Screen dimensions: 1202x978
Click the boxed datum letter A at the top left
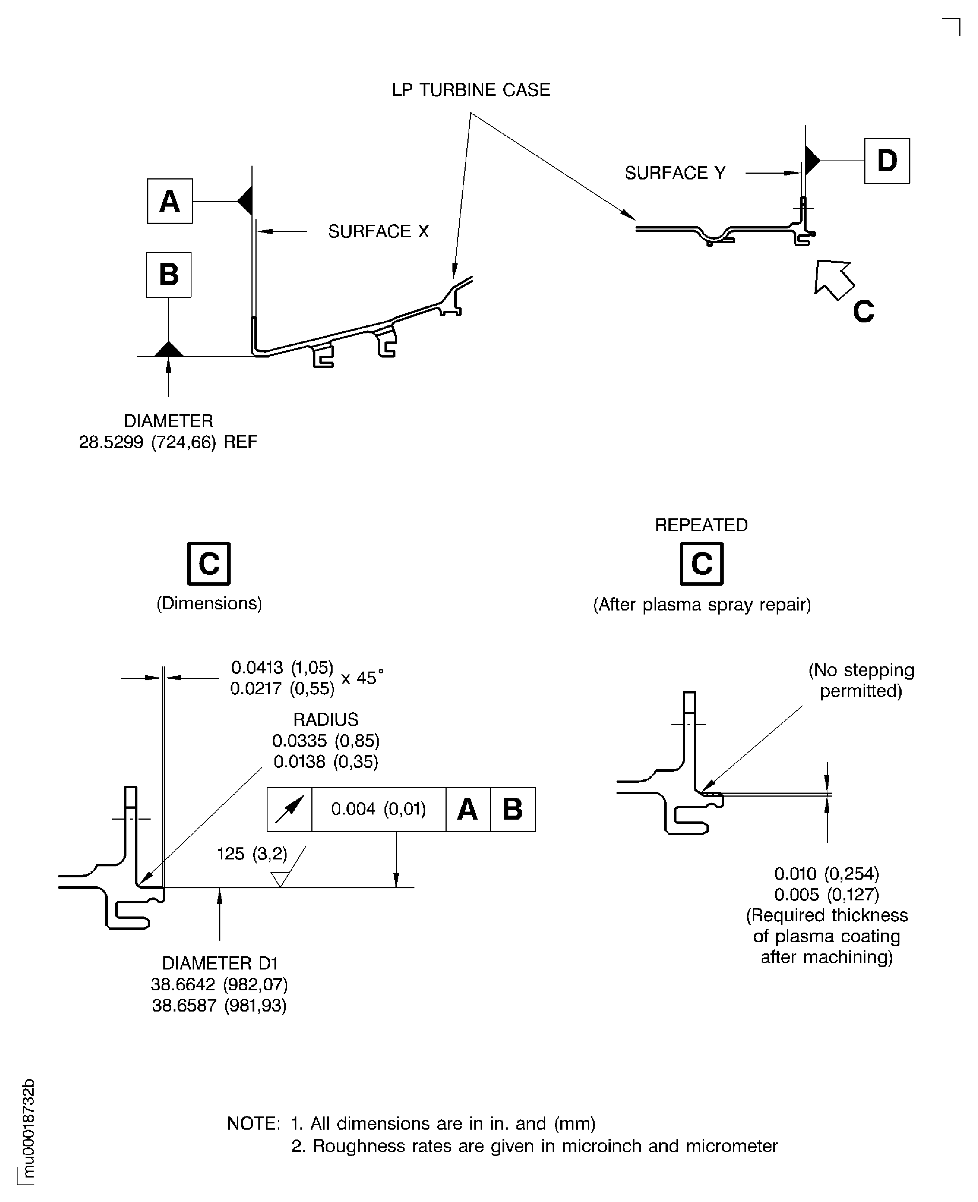[x=170, y=201]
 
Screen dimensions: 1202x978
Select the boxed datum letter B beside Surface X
[x=168, y=275]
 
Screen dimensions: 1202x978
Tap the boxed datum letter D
[x=887, y=160]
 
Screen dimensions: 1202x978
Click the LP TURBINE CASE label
[x=470, y=90]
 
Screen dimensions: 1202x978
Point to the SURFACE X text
[x=378, y=231]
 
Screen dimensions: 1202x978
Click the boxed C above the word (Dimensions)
[x=208, y=563]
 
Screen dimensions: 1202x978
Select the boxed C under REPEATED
[x=701, y=563]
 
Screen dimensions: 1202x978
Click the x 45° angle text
[x=362, y=677]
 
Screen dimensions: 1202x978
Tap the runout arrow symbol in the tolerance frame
[x=289, y=809]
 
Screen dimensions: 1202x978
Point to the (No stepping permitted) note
[x=860, y=680]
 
